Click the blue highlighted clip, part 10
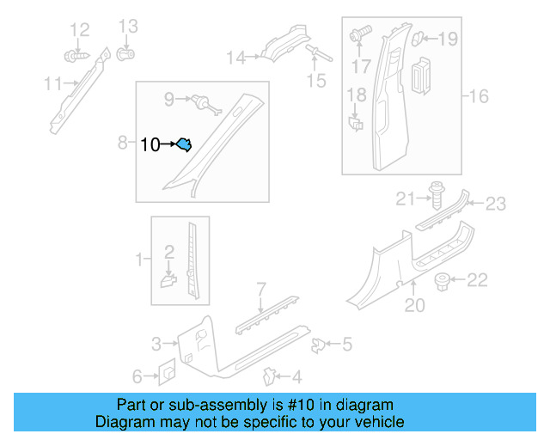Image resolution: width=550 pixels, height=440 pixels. click(x=184, y=145)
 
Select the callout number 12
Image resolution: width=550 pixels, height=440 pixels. click(x=79, y=31)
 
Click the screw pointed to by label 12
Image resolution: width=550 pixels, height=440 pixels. click(x=75, y=56)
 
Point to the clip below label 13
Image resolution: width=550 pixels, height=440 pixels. click(x=125, y=56)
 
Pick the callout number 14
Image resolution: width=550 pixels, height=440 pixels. click(x=235, y=58)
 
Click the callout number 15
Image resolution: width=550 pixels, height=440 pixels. click(x=317, y=81)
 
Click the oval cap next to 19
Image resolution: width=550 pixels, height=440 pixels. click(x=419, y=38)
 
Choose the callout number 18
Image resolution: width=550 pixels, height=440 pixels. click(x=357, y=95)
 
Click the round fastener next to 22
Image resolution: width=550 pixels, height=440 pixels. click(x=443, y=280)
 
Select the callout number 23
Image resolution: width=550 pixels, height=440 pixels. click(x=496, y=204)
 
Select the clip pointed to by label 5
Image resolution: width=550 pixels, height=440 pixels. click(x=317, y=345)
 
